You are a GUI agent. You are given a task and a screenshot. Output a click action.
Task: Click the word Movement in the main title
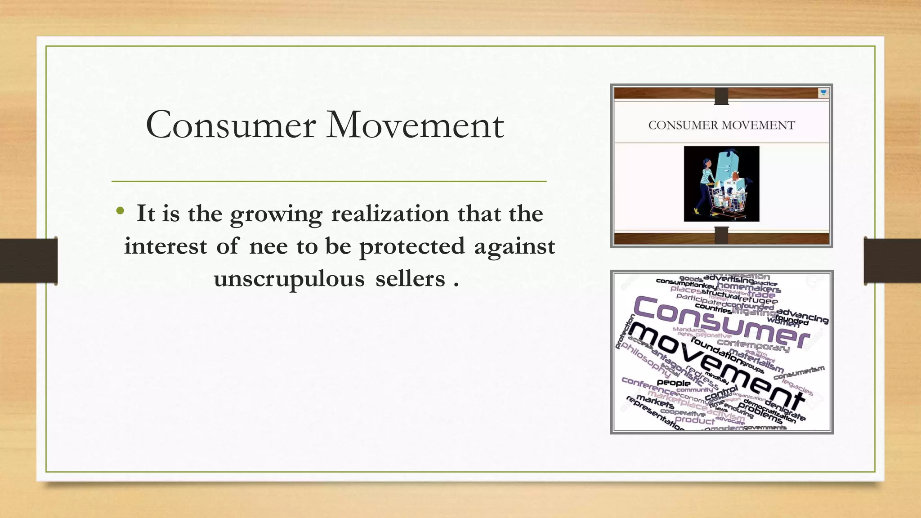[415, 125]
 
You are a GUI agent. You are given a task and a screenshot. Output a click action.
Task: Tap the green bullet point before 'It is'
[120, 210]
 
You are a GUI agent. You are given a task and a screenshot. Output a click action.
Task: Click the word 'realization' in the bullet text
[390, 214]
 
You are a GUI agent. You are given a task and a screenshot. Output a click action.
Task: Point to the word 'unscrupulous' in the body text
[289, 279]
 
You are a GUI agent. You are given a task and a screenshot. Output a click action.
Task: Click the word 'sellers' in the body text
[410, 279]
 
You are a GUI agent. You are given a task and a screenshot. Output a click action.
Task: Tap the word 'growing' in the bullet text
[276, 214]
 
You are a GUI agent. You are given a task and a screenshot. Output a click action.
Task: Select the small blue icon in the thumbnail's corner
[823, 93]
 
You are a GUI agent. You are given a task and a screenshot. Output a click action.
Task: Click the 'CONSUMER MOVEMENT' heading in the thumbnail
[721, 125]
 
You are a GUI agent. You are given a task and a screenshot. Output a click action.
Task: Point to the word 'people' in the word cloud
[673, 383]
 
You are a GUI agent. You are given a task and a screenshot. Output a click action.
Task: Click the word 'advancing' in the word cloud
[802, 316]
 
